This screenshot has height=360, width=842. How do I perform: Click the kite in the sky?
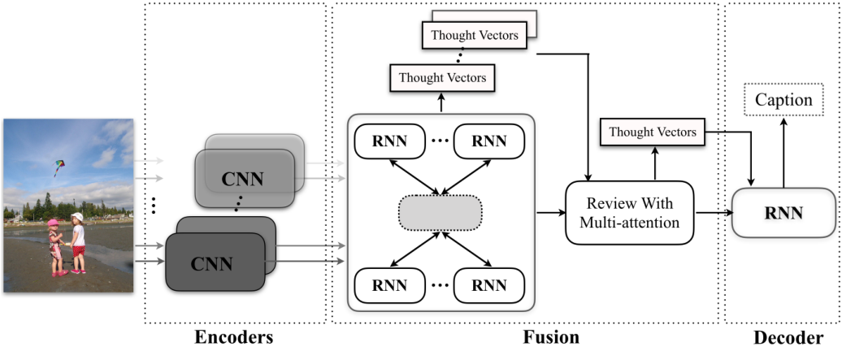tap(59, 167)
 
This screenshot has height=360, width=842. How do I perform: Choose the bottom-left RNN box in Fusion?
tap(390, 284)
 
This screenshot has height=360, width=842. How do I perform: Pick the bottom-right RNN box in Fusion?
tap(489, 284)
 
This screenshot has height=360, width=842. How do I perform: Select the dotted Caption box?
tap(783, 100)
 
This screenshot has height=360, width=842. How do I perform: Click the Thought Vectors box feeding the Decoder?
tap(652, 132)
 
